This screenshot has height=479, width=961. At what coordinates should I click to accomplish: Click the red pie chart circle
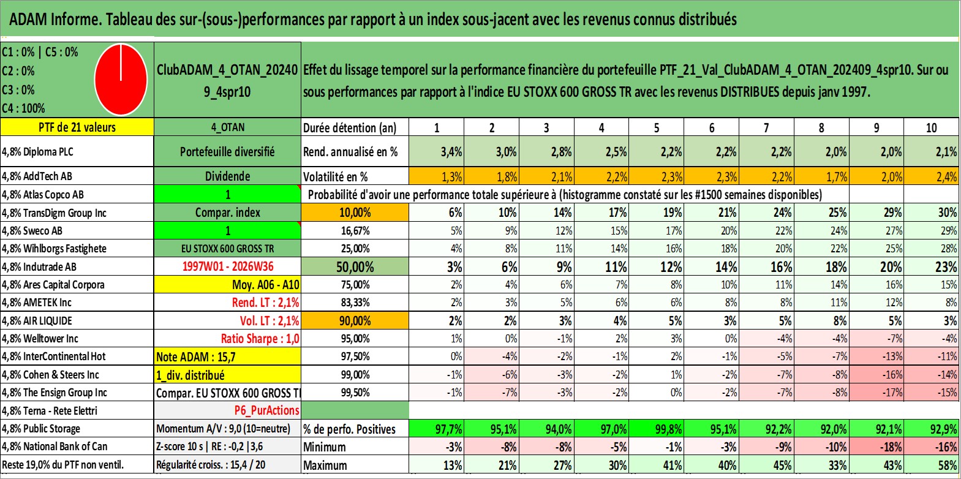pos(121,80)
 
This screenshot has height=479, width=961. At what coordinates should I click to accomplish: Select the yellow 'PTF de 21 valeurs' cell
pos(77,127)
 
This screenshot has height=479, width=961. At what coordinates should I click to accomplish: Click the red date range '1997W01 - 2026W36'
pos(228,266)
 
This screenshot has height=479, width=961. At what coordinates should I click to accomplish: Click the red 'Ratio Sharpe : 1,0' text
pos(260,339)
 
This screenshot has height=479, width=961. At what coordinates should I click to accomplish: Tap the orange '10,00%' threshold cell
pos(355,213)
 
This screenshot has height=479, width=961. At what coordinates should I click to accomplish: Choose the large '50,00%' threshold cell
pos(355,266)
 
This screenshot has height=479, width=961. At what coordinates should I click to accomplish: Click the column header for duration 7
pos(766,127)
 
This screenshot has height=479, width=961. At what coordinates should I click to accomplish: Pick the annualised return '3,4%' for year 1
pos(451,152)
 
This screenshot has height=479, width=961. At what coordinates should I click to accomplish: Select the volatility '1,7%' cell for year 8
pos(835,176)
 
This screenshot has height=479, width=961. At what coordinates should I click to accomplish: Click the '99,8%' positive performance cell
pos(671,429)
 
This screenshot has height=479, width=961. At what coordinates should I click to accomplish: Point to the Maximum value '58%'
pos(946,466)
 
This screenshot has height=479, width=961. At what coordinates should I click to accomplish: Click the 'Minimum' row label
pos(325,447)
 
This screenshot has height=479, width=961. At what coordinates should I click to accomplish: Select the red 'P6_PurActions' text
pos(267,410)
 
